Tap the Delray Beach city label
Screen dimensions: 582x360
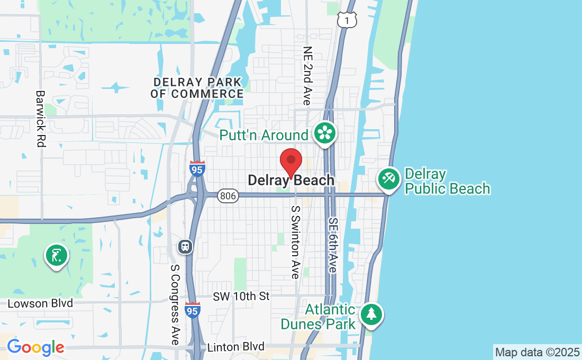pos(291,180)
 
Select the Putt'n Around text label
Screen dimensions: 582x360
pos(263,135)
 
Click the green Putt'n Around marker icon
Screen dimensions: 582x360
pos(324,133)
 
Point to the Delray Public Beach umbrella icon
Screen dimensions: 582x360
pos(389,179)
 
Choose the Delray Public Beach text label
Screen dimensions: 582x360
pos(447,181)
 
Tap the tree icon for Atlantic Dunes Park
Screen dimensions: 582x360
pos(371,314)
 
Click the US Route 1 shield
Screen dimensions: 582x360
pos(347,19)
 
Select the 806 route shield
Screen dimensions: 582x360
pos(228,196)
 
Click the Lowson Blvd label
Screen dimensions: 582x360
pos(40,304)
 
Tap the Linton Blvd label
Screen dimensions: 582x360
pos(236,347)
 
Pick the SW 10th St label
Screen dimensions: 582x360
pos(241,296)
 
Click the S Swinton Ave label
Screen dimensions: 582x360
pos(295,242)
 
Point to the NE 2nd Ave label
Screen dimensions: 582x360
pos(307,75)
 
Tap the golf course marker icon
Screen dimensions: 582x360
pos(56,256)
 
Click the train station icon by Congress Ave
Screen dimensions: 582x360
pos(185,246)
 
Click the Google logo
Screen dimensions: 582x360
pos(35,347)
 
